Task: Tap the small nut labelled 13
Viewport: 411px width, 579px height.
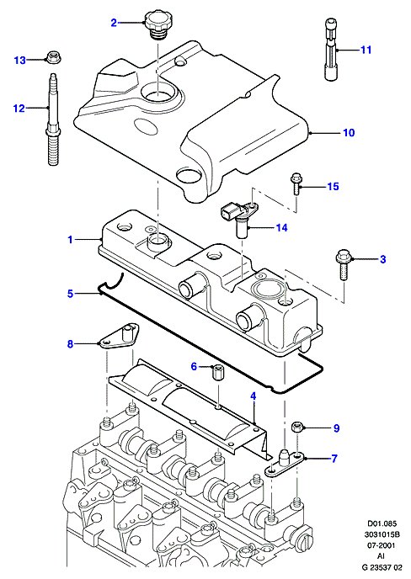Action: pos(54,57)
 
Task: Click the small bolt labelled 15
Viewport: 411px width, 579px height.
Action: pos(296,183)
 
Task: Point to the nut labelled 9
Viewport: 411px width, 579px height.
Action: pos(297,428)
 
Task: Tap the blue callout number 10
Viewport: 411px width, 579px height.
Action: pos(349,133)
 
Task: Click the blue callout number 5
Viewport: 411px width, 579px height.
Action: pos(70,294)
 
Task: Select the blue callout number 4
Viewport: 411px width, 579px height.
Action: pos(253,396)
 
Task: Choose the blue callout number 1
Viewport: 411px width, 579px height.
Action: pos(70,240)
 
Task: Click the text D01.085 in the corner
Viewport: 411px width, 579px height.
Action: pos(382,523)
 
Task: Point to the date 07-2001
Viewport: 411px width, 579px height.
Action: pos(382,545)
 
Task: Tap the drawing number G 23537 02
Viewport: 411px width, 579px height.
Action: pos(382,567)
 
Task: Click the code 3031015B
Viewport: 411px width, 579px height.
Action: pos(382,534)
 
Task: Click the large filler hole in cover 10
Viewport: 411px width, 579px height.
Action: pos(157,93)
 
